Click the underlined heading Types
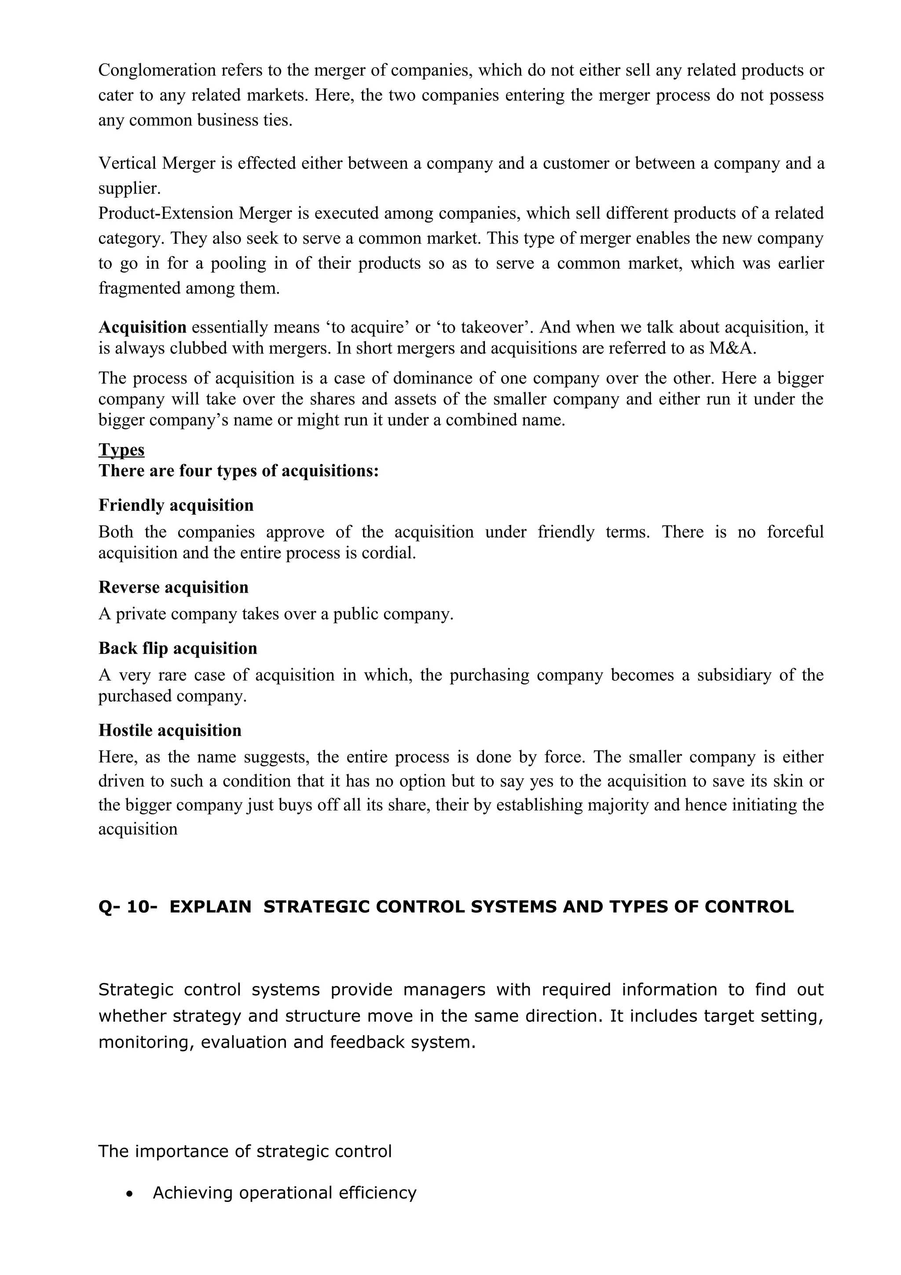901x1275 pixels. pyautogui.click(x=121, y=449)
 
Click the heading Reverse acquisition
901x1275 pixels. pyautogui.click(x=173, y=587)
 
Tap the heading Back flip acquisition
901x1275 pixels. pyautogui.click(x=178, y=648)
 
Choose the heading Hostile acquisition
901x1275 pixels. pyautogui.click(x=170, y=730)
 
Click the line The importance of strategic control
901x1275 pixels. pyautogui.click(x=245, y=1151)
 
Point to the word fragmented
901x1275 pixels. pyautogui.click(x=139, y=288)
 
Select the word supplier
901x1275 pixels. pyautogui.click(x=129, y=189)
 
